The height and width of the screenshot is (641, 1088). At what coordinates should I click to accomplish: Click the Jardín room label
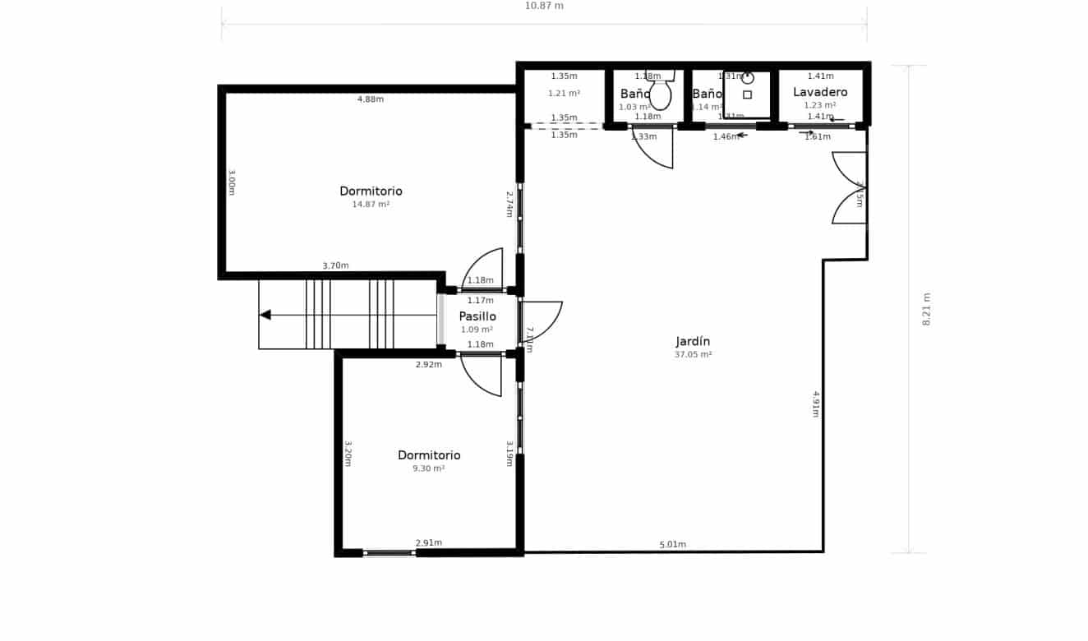(693, 341)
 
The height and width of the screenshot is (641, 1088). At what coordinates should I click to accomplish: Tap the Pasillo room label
(477, 316)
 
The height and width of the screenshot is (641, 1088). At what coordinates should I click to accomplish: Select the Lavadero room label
(820, 92)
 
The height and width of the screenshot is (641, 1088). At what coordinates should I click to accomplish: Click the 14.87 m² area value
(371, 205)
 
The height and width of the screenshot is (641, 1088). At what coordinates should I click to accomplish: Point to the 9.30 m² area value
(428, 468)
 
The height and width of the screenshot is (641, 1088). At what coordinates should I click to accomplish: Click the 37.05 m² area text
(693, 355)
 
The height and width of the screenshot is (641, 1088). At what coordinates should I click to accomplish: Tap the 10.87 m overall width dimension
(544, 6)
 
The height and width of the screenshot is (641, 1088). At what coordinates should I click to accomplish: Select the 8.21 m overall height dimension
(926, 309)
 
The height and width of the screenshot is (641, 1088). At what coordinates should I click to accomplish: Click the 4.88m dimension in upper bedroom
(370, 99)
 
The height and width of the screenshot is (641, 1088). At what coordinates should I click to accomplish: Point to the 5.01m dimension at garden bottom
(672, 545)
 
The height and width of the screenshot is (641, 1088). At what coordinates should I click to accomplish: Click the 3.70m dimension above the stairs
(335, 265)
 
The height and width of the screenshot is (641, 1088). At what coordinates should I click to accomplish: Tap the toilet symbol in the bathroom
(660, 92)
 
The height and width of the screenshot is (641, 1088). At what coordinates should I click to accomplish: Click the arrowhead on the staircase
(265, 315)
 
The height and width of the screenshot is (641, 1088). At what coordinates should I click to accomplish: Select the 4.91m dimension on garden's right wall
(816, 404)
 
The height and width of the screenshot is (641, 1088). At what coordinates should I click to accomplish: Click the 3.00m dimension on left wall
(232, 182)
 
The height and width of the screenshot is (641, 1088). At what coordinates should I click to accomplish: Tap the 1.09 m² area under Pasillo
(477, 330)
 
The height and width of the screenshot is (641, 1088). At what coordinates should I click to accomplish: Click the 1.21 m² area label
(564, 94)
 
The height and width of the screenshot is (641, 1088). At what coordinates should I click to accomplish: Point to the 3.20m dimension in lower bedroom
(348, 454)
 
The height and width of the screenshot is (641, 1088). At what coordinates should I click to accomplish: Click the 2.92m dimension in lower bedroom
(428, 364)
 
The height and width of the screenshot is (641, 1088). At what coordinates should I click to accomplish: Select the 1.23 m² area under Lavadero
(820, 105)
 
